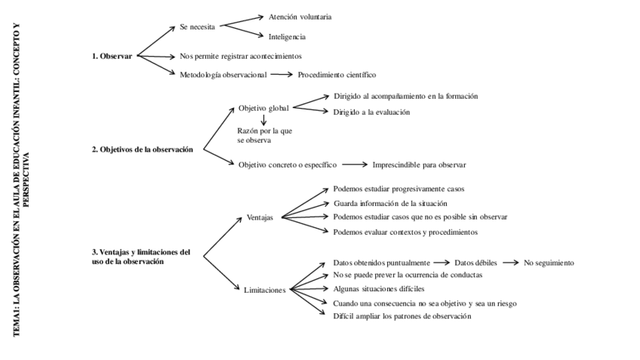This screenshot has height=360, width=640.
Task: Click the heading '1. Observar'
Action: click(x=112, y=56)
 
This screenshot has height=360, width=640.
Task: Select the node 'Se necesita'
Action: click(x=198, y=26)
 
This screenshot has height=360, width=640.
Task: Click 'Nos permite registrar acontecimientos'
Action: click(x=241, y=56)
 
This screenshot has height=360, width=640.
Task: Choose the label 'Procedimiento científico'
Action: click(x=337, y=75)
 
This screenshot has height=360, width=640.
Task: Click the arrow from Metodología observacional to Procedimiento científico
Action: click(x=281, y=75)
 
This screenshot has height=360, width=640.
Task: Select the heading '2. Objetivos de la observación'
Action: click(x=142, y=149)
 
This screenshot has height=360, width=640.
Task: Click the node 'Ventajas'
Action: click(x=260, y=217)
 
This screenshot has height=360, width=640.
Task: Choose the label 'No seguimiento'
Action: click(x=549, y=263)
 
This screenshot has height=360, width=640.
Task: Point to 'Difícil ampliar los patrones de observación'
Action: click(x=402, y=316)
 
